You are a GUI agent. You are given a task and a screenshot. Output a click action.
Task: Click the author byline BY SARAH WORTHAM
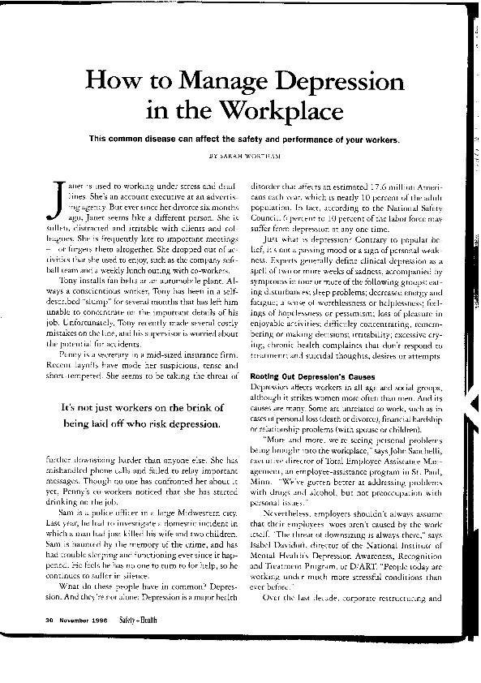pyautogui.click(x=243, y=153)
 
